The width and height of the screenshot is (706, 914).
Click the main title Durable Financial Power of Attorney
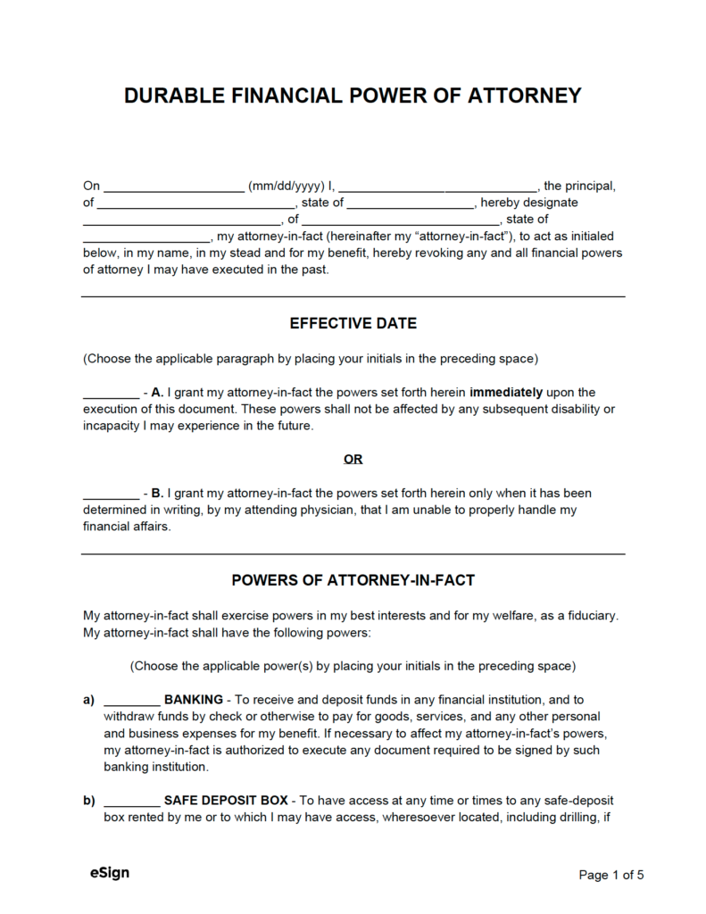pos(353,95)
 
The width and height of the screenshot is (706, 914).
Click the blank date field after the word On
pos(175,187)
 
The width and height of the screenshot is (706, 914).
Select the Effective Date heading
pos(353,323)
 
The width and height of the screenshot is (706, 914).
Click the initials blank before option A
pos(110,393)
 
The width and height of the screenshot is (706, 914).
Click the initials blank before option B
pos(110,494)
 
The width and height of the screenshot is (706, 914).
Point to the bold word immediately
pos(506,392)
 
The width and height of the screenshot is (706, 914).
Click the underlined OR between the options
pos(353,459)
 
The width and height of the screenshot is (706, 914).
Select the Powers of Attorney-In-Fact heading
pos(353,580)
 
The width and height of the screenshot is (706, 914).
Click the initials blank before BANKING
pos(131,701)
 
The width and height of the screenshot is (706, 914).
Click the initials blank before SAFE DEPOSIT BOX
pos(131,802)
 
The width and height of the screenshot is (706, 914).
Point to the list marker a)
pos(89,700)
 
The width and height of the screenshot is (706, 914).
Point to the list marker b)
pos(89,801)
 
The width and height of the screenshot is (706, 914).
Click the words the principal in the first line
pos(578,187)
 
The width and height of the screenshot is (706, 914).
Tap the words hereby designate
pos(529,203)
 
